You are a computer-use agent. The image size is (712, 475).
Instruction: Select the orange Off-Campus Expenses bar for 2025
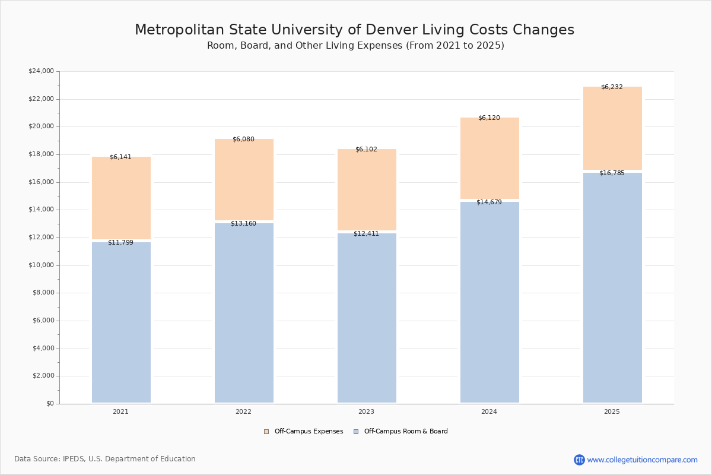tap(612, 128)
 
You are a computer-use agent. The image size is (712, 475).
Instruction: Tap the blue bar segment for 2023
tap(367, 318)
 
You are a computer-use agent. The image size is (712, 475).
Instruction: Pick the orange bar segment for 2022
tap(244, 179)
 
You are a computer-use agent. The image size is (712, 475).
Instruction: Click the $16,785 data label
tap(612, 173)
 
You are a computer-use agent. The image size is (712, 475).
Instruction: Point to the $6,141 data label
tap(120, 157)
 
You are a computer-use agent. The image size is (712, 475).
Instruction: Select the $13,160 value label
tap(243, 224)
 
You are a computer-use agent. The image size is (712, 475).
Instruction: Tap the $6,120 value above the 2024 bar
tap(489, 118)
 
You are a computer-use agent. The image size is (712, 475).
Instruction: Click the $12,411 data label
tap(366, 234)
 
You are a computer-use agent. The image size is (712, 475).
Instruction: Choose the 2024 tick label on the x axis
tap(489, 412)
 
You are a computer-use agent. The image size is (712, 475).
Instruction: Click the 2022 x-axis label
tap(243, 412)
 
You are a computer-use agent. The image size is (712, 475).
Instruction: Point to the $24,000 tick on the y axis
tap(41, 71)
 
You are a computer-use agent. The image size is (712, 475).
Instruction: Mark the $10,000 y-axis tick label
tap(41, 265)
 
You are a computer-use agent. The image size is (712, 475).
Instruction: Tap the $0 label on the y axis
tap(49, 404)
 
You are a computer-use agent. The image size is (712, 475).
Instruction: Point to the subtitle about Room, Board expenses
tap(355, 46)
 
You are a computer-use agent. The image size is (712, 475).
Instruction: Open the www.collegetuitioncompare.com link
tap(642, 460)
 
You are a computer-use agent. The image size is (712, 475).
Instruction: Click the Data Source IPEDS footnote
tap(105, 459)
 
